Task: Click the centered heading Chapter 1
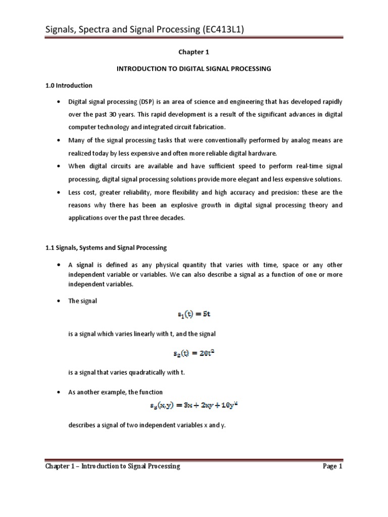pos(193,51)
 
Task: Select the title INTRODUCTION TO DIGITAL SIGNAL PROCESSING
pos(193,69)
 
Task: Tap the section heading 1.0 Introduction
pos(69,85)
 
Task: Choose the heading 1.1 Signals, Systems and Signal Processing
pos(106,248)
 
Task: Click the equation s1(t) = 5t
pos(194,315)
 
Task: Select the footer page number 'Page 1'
pos(333,466)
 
